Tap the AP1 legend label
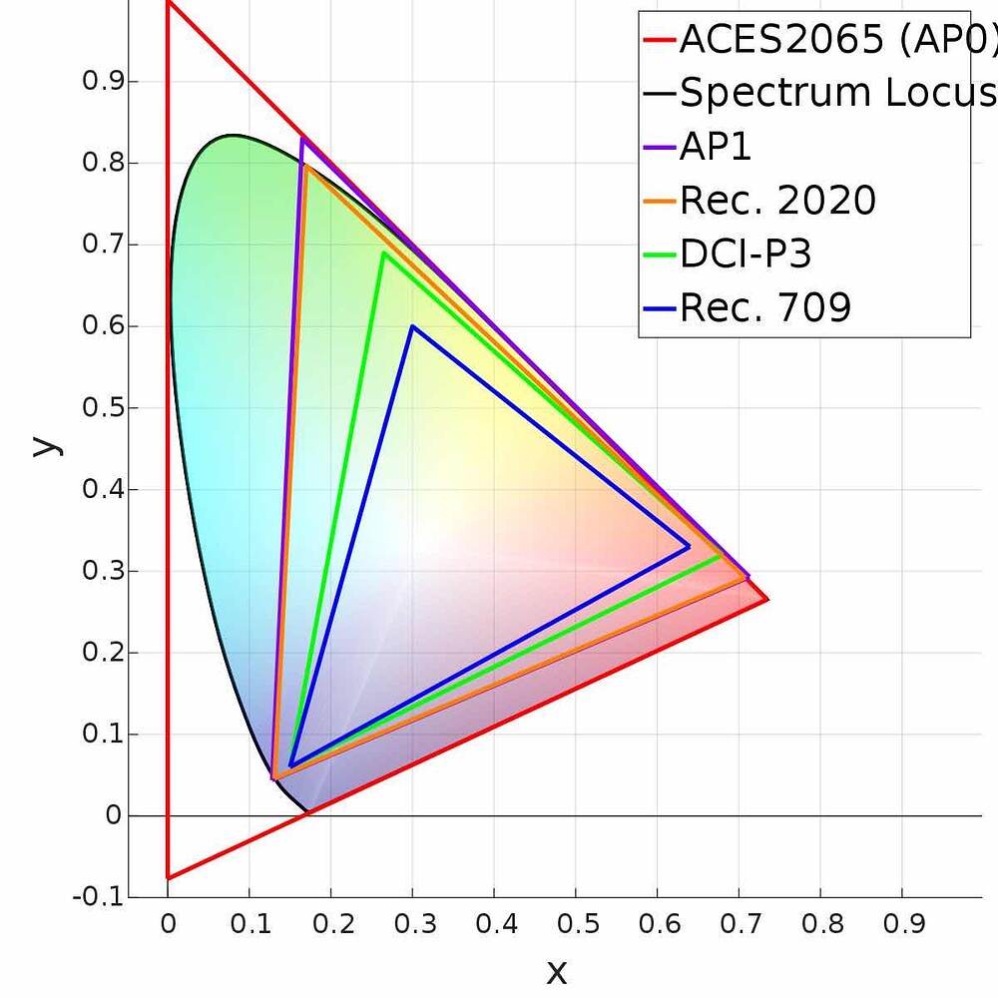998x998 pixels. coord(716,147)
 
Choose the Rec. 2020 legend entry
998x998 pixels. coord(777,201)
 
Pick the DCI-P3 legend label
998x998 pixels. coord(746,254)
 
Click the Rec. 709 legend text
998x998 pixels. coord(765,307)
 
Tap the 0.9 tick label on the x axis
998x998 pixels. coord(902,925)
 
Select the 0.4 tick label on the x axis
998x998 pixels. coord(494,925)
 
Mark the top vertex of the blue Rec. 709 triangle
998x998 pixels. coord(412,326)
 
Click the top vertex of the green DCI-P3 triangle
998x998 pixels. coord(383,252)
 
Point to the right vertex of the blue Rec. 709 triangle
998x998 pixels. coord(689,547)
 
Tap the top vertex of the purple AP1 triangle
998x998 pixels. coord(302,138)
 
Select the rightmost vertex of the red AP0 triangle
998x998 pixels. coord(766,599)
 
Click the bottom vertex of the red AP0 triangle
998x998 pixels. coord(168,877)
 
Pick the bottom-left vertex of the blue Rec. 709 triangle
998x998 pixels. coord(289,766)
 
